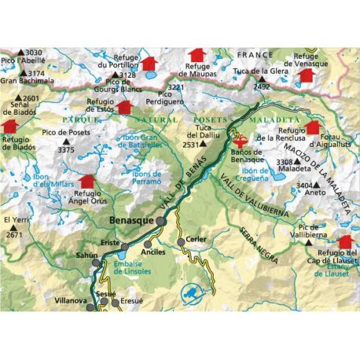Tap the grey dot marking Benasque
tap(160, 221)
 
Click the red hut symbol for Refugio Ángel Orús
tap(86, 182)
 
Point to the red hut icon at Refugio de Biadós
tap(9, 126)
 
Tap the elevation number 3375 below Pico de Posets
tap(66, 149)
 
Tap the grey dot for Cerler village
tap(182, 241)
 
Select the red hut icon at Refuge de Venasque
tap(307, 74)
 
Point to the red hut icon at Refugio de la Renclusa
tap(314, 127)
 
